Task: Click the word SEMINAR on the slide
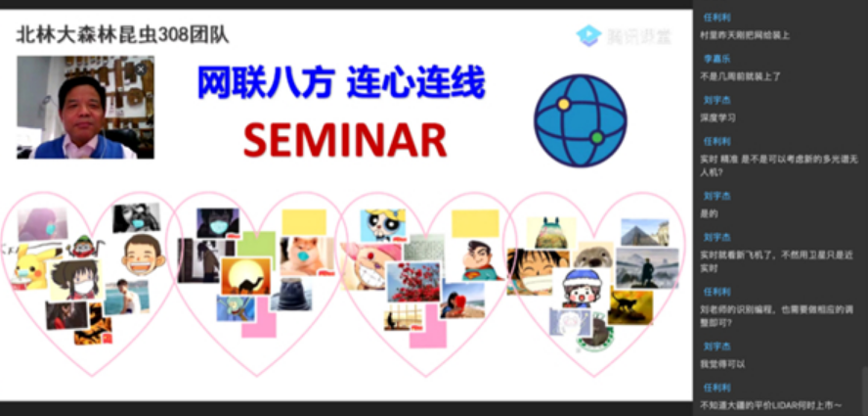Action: (344, 140)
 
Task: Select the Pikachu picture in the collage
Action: (28, 265)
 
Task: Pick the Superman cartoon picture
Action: (477, 259)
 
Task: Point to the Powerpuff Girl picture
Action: (381, 224)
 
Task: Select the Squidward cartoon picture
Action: (235, 308)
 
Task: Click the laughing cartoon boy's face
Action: (142, 254)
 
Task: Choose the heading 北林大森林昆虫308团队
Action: (122, 34)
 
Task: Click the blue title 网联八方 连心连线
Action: (340, 84)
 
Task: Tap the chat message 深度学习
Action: (717, 117)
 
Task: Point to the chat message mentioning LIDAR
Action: (768, 404)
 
